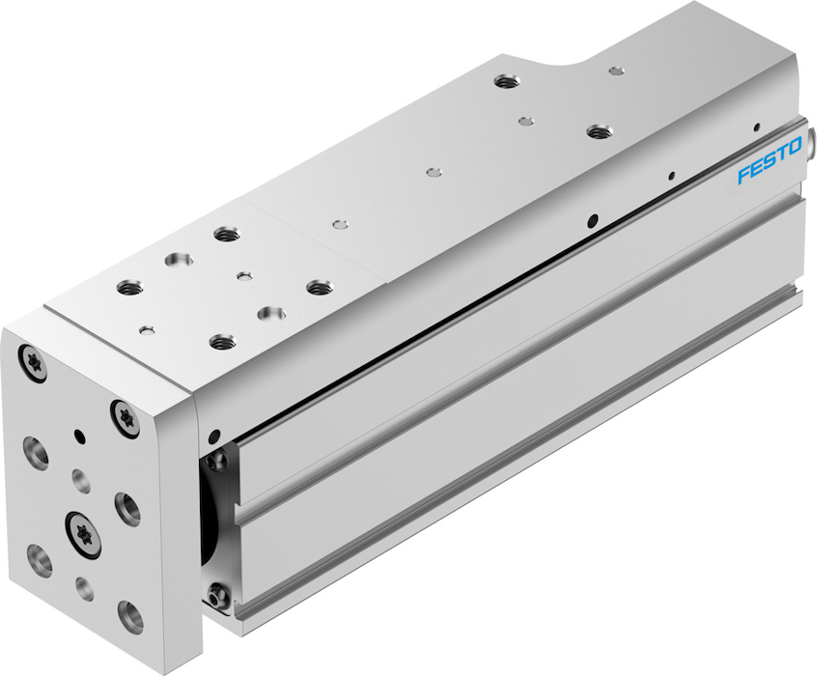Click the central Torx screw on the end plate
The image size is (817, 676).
(x=83, y=534)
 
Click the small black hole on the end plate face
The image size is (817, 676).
(x=79, y=435)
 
